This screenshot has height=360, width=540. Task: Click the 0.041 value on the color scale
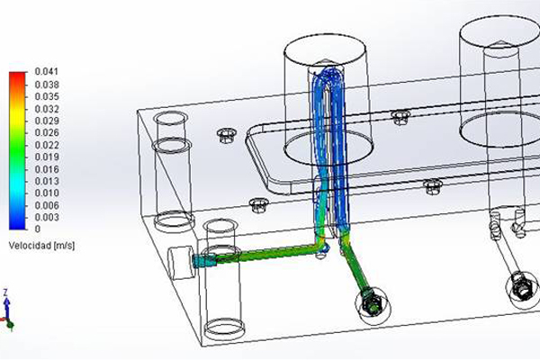[x=47, y=72]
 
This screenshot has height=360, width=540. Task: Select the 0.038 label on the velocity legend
[x=47, y=85]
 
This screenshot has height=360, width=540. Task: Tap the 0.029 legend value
[x=47, y=121]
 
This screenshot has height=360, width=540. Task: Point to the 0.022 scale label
[x=47, y=145]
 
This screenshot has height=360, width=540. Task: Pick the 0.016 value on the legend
[x=47, y=169]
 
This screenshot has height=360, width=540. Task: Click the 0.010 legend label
[x=47, y=193]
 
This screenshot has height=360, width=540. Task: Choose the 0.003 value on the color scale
[x=47, y=218]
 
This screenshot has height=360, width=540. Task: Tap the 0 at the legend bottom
[x=38, y=229]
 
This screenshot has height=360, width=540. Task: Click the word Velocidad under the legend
[x=30, y=246]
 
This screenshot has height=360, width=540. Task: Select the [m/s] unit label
[x=64, y=246]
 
